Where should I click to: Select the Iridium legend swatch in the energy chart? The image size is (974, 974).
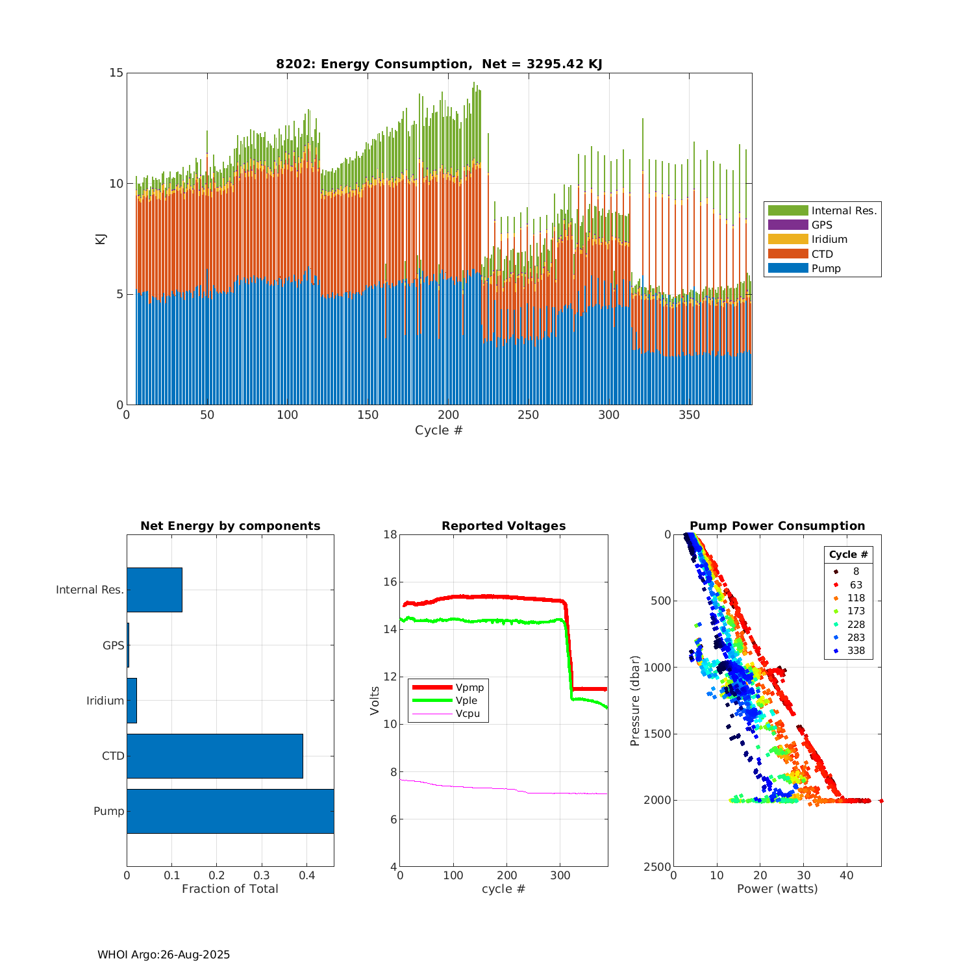(x=788, y=239)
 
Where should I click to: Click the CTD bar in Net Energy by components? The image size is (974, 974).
(x=214, y=756)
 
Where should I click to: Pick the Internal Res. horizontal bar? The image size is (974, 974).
(x=155, y=590)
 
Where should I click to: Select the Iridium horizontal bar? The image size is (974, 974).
(x=132, y=701)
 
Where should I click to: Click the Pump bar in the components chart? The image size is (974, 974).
(x=230, y=811)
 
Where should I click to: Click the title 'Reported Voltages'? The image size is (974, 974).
(x=503, y=526)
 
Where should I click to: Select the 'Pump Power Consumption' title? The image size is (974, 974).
(x=777, y=526)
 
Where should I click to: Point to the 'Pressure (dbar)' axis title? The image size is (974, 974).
(x=635, y=701)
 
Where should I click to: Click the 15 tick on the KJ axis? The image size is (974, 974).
(x=116, y=73)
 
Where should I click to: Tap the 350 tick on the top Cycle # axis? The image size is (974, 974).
(x=689, y=415)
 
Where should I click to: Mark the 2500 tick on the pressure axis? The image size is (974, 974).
(x=658, y=867)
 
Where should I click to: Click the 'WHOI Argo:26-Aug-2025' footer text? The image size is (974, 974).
(x=164, y=955)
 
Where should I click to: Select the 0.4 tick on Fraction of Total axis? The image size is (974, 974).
(x=306, y=875)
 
